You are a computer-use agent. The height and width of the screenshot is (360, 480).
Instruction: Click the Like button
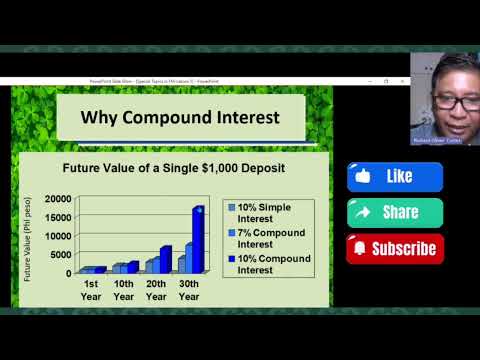(x=395, y=177)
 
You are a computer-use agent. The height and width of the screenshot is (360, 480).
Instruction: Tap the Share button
(x=395, y=212)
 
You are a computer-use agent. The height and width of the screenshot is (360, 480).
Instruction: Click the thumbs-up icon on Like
(x=363, y=177)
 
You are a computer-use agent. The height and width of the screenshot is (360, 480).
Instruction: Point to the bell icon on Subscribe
(x=360, y=248)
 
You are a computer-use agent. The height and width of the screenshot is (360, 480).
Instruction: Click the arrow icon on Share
(x=362, y=212)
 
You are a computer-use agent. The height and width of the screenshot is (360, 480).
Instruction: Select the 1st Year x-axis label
(x=90, y=289)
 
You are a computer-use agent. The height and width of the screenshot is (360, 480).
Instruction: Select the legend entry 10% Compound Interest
(x=269, y=264)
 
